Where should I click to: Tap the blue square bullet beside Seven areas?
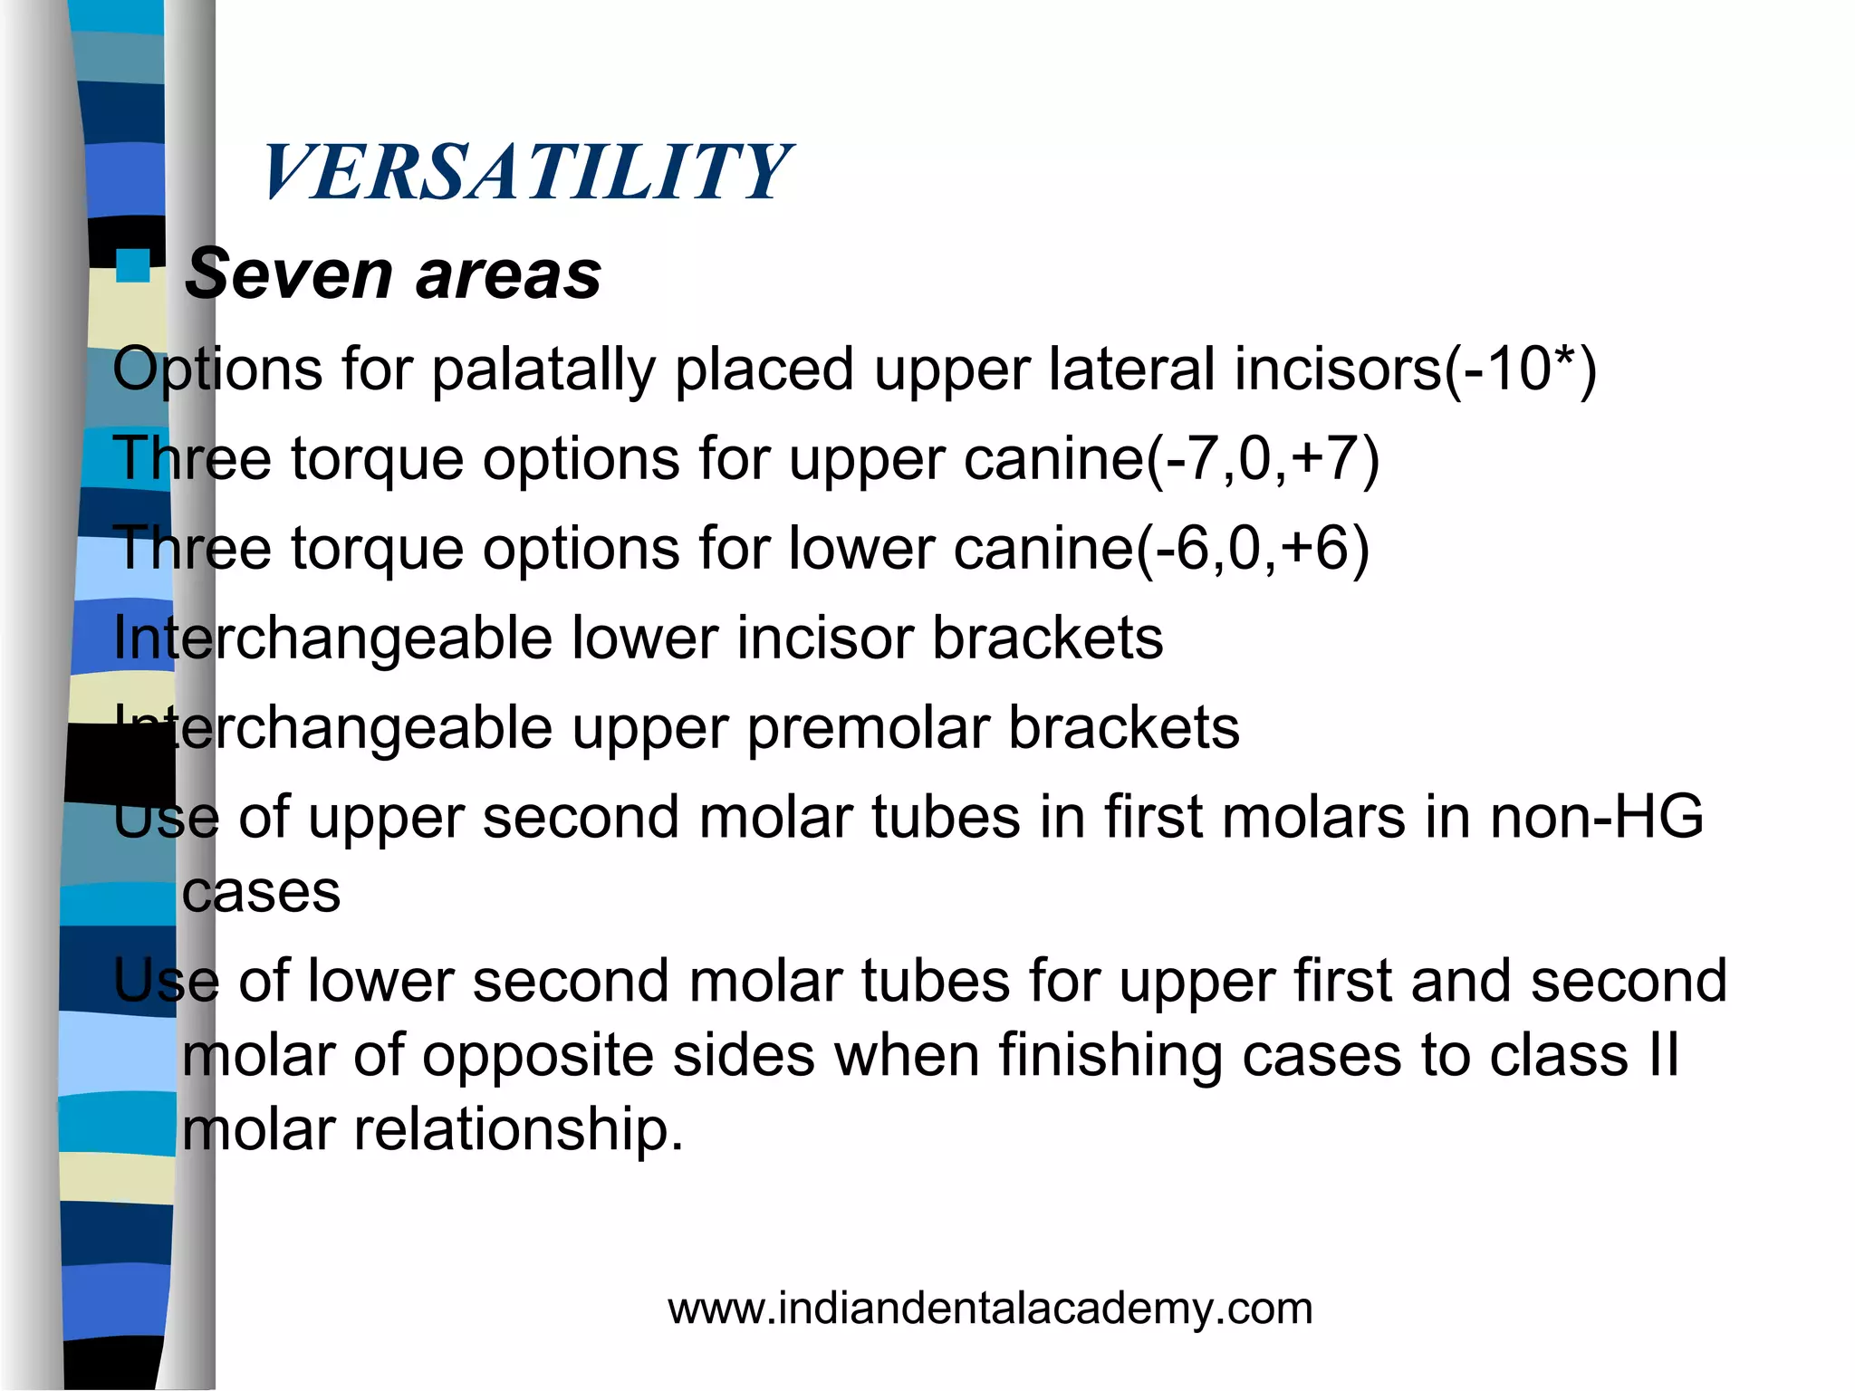133,266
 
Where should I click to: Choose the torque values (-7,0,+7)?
1264,458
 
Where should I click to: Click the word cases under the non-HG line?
261,893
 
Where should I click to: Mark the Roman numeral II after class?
1662,1055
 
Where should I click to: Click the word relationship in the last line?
517,1131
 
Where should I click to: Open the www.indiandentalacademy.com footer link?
990,1309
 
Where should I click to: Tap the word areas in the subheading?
508,275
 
